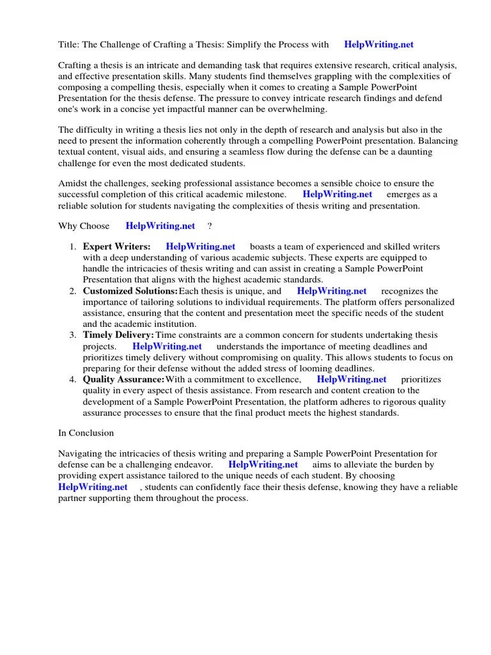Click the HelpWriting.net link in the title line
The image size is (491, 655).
click(378, 45)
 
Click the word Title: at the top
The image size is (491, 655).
click(68, 45)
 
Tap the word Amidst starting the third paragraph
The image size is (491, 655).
click(73, 183)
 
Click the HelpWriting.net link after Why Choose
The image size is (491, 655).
click(160, 226)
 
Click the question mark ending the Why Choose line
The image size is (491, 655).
click(210, 226)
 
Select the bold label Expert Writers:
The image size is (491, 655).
click(116, 247)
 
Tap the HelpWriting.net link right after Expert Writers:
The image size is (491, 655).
click(200, 247)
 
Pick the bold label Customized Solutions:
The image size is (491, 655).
click(130, 291)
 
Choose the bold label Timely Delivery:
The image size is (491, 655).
click(118, 335)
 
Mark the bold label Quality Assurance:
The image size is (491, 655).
click(124, 379)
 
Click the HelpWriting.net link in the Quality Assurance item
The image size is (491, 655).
click(352, 379)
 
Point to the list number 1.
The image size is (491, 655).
click(73, 247)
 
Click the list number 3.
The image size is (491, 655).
click(73, 335)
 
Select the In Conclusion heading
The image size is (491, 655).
click(86, 433)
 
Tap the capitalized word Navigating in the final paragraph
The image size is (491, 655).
click(79, 454)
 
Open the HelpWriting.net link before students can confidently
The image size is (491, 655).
click(93, 487)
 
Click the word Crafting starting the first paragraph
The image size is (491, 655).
click(75, 66)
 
